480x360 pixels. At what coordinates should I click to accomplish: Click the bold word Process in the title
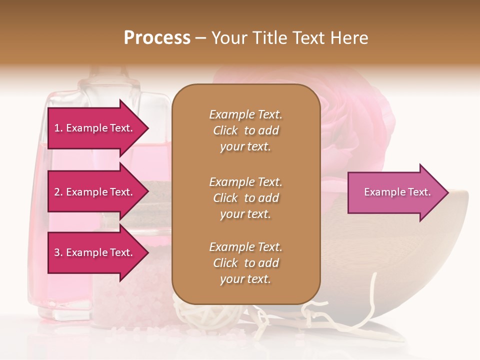157,38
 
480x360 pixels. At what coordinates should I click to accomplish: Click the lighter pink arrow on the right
395,192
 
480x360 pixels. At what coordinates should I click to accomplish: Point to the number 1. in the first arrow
58,128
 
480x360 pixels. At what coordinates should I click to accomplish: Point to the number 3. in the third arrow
58,252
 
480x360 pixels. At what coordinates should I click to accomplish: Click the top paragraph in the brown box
245,130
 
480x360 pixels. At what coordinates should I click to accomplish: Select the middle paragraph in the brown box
245,197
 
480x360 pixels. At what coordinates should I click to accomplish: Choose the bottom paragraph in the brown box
245,263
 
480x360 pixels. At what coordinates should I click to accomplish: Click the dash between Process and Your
200,38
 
